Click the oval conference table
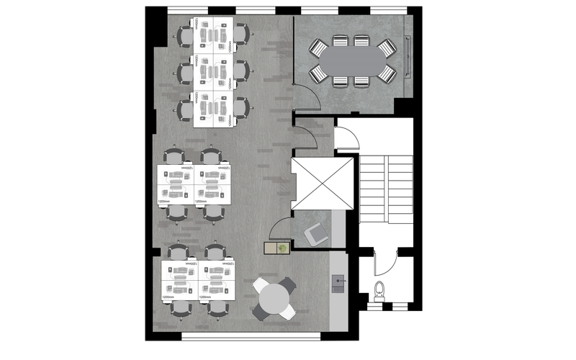click(352, 60)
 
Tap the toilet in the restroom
click(380, 292)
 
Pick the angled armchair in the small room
click(315, 234)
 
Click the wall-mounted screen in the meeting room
click(410, 57)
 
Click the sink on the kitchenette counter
click(338, 282)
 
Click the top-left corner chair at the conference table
click(318, 48)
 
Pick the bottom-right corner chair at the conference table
click(387, 73)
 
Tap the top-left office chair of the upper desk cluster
click(185, 35)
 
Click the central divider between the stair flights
click(387, 189)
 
